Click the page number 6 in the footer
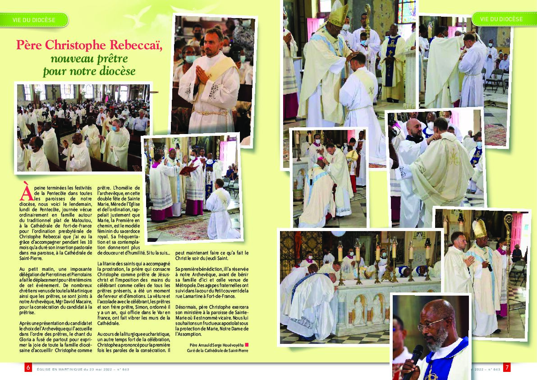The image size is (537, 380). tap(28, 368)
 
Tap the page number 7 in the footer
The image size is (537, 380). tap(506, 368)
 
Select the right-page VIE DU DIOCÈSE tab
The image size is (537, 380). tap(501, 19)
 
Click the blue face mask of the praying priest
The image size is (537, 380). tap(191, 59)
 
